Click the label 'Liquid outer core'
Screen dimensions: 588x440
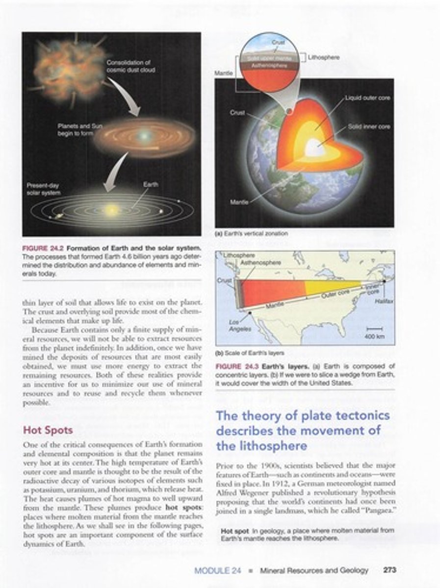(x=367, y=98)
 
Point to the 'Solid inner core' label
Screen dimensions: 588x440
(x=369, y=126)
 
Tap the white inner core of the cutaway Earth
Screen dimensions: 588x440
(x=315, y=147)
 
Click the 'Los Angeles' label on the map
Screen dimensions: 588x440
(x=240, y=326)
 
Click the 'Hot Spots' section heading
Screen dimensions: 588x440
(x=48, y=430)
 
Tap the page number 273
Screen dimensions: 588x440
(x=389, y=570)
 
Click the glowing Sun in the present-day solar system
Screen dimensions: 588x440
(x=112, y=210)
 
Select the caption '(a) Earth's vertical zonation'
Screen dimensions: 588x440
(x=251, y=234)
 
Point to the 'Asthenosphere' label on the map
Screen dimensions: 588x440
(x=260, y=263)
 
